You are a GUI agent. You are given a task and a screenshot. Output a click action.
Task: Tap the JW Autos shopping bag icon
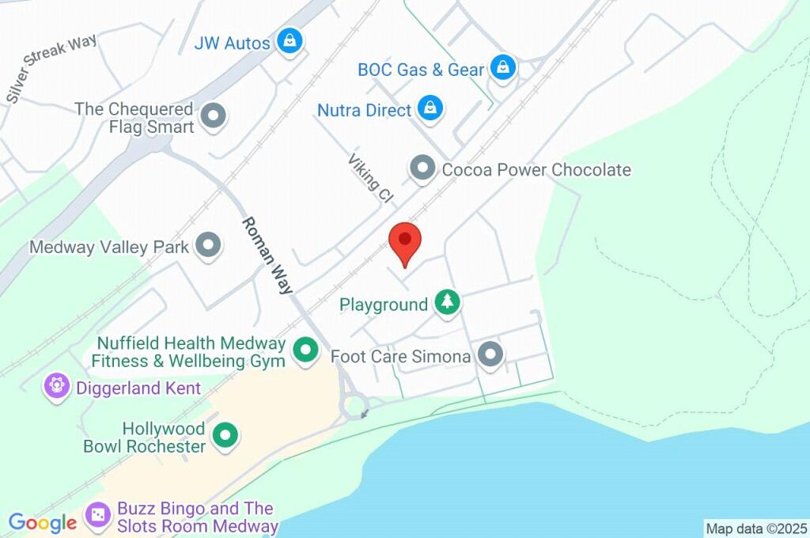point(291,41)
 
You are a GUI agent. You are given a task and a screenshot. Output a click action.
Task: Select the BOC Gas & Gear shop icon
point(502,68)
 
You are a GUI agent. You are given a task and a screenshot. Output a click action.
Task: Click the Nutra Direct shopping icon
point(430,108)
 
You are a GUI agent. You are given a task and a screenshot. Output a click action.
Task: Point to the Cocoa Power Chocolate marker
point(423,168)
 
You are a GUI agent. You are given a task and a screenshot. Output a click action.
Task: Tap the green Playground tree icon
point(448,303)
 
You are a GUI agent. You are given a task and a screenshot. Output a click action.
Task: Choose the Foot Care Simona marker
point(490,355)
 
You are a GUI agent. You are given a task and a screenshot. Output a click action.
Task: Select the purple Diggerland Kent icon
point(56,388)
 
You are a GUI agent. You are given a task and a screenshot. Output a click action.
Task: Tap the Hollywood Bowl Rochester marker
point(226,434)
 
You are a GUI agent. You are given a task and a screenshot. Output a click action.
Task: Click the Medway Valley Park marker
point(209,246)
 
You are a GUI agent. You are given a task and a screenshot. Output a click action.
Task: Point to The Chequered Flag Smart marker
point(213,117)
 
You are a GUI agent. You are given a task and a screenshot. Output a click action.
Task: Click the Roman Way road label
point(267,256)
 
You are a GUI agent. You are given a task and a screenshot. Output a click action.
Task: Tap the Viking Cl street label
point(370,180)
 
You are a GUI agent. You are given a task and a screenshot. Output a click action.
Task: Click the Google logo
point(42,523)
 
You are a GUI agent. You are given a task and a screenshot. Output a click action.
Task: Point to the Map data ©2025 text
point(756,529)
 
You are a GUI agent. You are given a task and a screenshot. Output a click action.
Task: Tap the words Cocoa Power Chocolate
point(536,169)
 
